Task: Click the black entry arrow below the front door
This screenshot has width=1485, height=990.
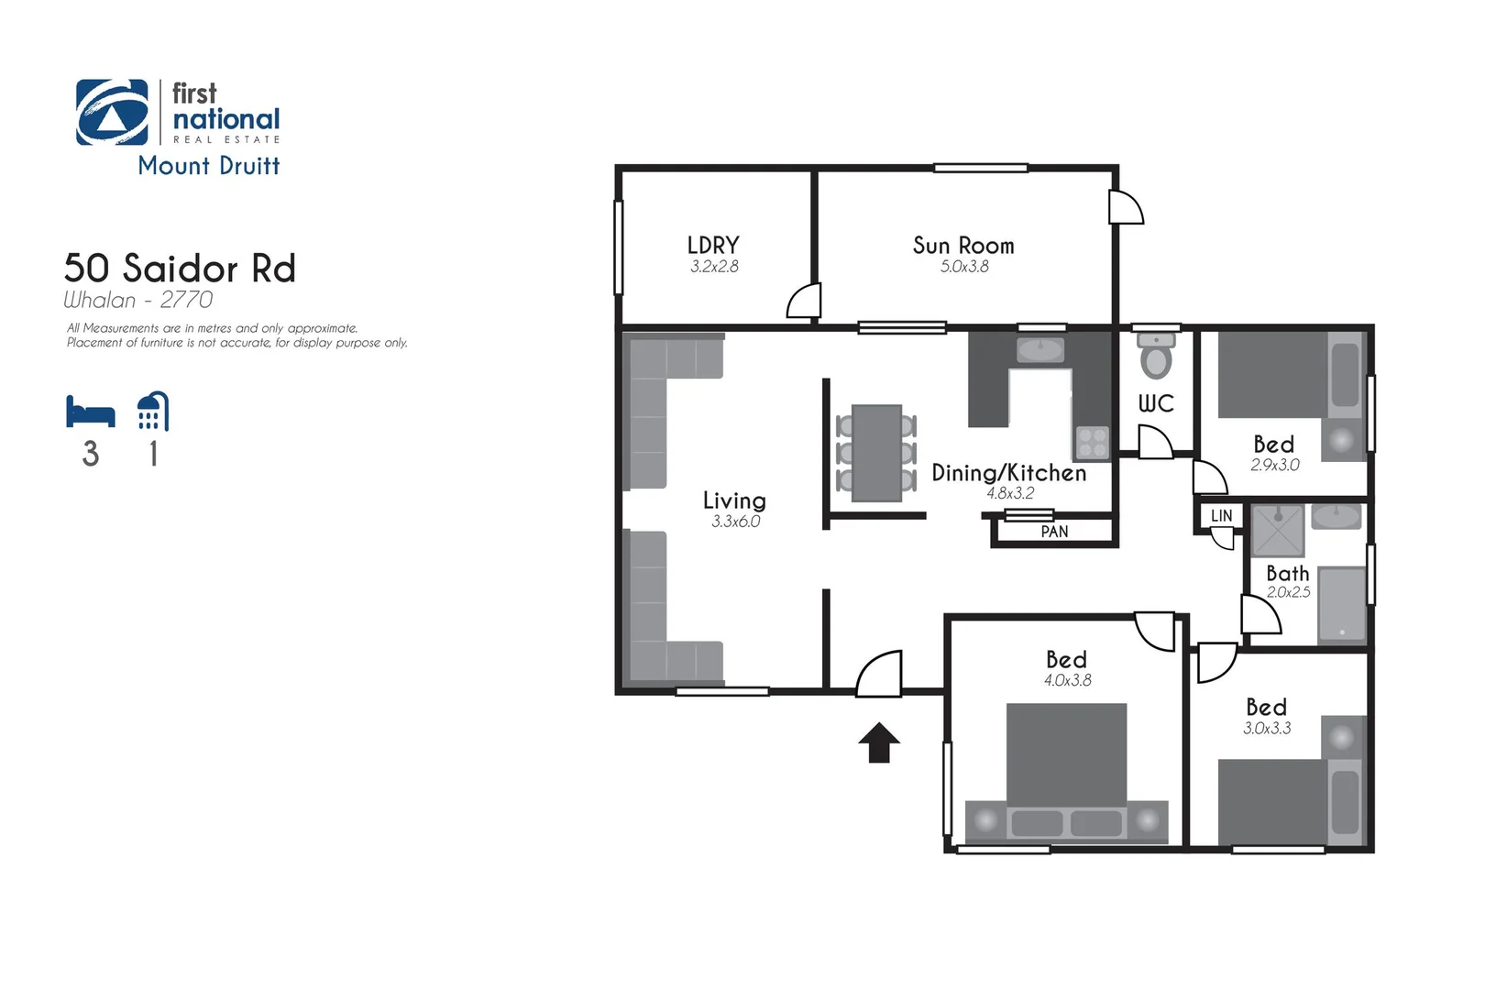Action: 879,742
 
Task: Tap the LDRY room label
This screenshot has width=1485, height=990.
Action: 713,246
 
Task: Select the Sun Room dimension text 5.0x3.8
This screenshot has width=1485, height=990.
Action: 964,267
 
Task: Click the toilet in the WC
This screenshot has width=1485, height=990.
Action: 1156,356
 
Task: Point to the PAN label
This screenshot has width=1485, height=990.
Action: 1054,532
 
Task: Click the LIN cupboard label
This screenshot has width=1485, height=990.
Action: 1221,516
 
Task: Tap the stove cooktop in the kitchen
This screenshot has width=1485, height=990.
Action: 1092,442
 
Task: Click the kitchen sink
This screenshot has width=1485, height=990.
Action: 1040,349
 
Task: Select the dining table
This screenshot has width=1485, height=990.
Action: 876,453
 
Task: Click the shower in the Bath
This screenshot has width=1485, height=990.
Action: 1278,530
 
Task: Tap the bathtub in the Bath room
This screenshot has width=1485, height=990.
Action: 1342,603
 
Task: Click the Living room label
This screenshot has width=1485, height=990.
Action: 734,500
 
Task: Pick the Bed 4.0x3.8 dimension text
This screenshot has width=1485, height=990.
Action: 1067,680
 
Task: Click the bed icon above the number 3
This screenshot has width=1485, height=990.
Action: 90,412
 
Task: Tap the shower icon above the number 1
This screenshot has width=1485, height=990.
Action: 153,412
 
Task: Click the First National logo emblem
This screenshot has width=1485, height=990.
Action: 112,113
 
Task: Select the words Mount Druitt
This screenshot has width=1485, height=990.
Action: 209,166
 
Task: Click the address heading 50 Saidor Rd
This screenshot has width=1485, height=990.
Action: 180,269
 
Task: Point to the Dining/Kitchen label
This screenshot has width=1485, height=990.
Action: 1008,473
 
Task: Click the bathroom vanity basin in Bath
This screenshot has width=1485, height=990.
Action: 1336,517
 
